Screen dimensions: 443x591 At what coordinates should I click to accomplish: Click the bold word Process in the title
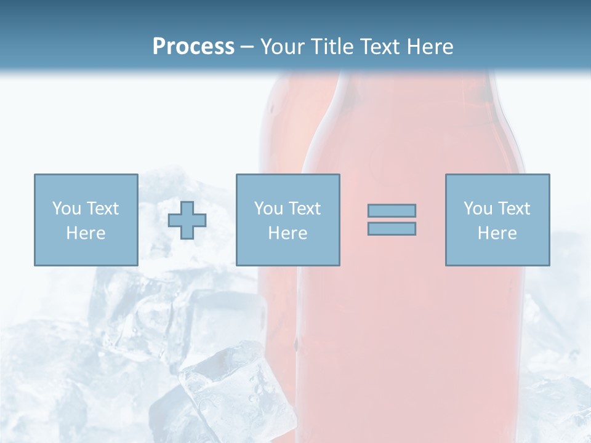coord(193,46)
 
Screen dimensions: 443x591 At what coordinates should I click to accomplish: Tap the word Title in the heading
coord(333,46)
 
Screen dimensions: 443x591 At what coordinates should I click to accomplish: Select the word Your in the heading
coord(283,46)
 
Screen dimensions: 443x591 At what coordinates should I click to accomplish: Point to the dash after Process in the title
coord(247,47)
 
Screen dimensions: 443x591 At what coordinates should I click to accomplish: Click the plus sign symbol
coord(187,220)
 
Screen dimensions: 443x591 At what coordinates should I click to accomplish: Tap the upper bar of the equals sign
coord(392,210)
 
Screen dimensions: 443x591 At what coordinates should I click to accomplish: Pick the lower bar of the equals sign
coord(392,228)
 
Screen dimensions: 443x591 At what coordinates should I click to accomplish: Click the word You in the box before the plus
coord(66,209)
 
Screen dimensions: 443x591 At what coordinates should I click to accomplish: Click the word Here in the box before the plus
coord(86,233)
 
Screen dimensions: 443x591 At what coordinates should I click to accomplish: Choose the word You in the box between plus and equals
coord(268,209)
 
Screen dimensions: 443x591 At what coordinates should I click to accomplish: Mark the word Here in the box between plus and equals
coord(287,233)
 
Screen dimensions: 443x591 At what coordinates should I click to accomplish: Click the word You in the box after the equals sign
coord(477,209)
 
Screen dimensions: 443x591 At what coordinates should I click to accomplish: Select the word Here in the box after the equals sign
coord(497,233)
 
